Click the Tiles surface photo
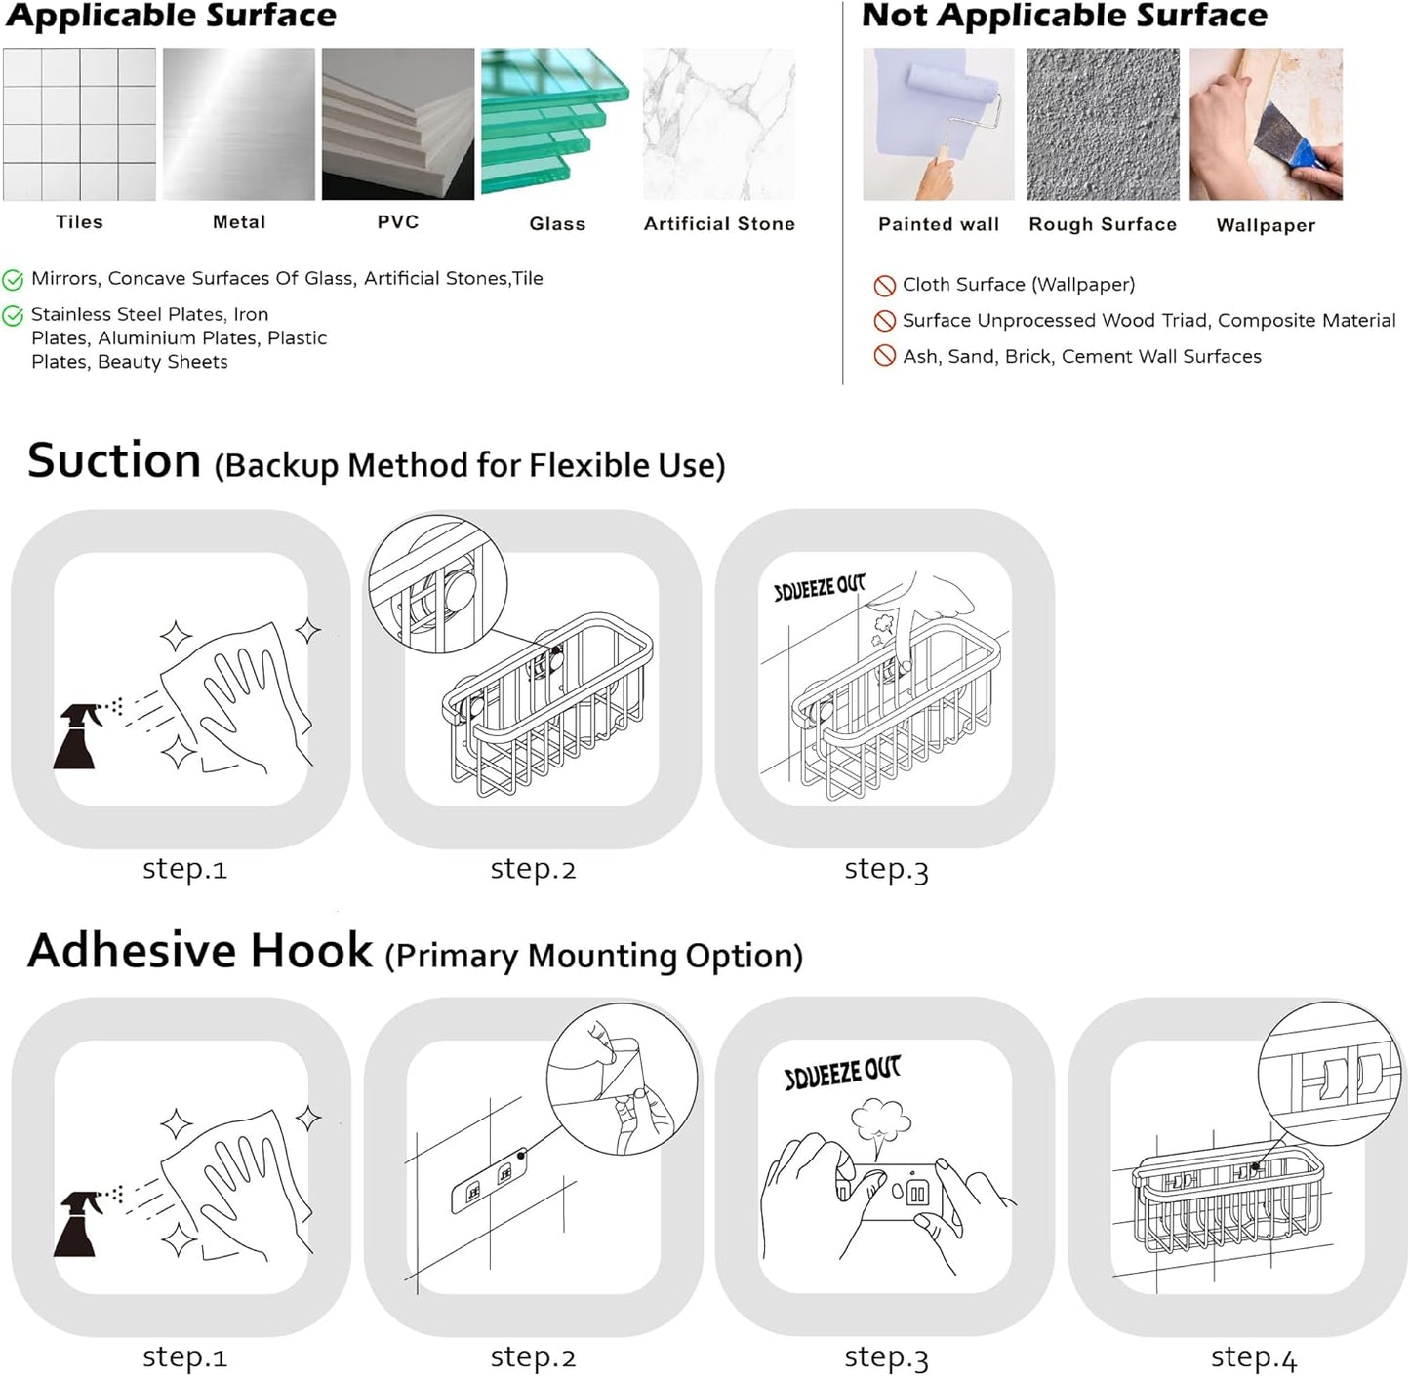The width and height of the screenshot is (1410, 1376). point(79,124)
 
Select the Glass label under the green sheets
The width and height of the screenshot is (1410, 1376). point(557,223)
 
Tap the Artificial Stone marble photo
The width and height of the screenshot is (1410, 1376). point(718,124)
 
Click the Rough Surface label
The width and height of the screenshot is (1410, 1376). point(1102,224)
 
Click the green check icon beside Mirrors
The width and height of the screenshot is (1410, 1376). point(13,280)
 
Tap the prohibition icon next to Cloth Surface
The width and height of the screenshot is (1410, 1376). point(884,286)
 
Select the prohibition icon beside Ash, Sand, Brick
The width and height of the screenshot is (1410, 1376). point(884,356)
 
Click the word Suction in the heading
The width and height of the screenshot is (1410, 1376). point(114,460)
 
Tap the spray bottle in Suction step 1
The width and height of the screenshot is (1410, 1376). point(76,736)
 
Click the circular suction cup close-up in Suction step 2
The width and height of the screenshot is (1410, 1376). point(437,584)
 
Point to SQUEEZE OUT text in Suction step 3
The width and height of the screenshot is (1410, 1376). point(819,587)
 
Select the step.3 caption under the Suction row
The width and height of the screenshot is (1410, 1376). point(885,869)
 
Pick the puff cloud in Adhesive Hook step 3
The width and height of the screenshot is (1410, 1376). point(879,1122)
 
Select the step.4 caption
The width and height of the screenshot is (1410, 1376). point(1253,1356)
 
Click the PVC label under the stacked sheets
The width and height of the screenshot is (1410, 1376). point(398,221)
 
